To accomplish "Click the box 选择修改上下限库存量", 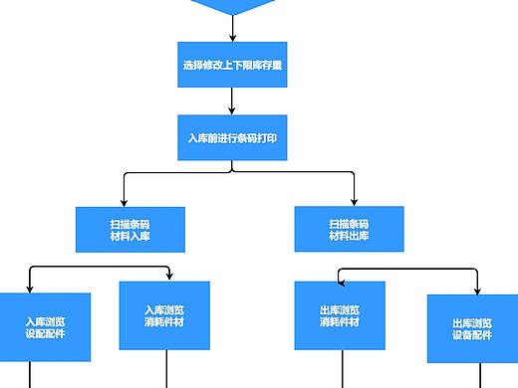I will pyautogui.click(x=231, y=67).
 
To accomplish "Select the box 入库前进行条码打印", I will pyautogui.click(x=231, y=137).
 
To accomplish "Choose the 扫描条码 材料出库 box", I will pyautogui.click(x=349, y=229).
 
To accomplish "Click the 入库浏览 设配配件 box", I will pyautogui.click(x=45, y=327).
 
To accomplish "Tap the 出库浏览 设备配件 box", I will pyautogui.click(x=472, y=328).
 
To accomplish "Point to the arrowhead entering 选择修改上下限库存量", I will pyautogui.click(x=231, y=38).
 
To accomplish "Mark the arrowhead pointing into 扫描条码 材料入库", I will pyautogui.click(x=126, y=201).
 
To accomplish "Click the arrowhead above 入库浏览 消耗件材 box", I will pyautogui.click(x=169, y=276).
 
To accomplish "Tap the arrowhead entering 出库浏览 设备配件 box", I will pyautogui.click(x=479, y=290).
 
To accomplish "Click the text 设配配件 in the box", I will pyautogui.click(x=45, y=334).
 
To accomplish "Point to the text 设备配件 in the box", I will pyautogui.click(x=472, y=335).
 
